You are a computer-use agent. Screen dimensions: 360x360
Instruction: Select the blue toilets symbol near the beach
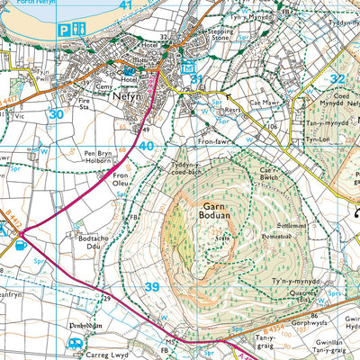(x=79, y=29)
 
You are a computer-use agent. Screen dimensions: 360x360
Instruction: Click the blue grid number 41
(x=125, y=5)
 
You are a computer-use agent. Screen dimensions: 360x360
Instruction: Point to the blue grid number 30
(x=57, y=114)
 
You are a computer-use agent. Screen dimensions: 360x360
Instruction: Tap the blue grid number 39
(x=151, y=286)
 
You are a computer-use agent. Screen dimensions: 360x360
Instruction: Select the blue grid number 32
(x=337, y=79)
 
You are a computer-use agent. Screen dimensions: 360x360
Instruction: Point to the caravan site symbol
(x=76, y=344)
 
